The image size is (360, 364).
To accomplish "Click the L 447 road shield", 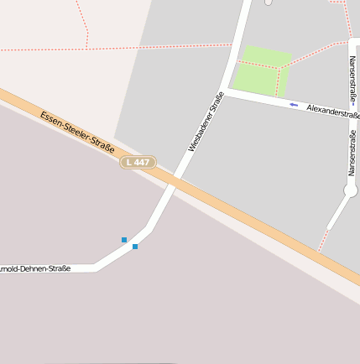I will pos(138,161).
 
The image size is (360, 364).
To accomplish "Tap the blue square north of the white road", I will pos(124,240).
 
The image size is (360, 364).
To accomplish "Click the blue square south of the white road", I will pos(134,247).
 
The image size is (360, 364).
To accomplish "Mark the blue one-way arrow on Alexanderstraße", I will pos(294,105).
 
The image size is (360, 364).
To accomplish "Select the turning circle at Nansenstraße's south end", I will pos(351,191).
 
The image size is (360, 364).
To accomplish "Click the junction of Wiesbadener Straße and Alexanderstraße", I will pos(227,91).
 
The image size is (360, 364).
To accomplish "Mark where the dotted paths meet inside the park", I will pos(279,68).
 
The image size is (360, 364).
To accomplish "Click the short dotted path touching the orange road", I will pos(321,240).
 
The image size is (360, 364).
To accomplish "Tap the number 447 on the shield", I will pos(143,161).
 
